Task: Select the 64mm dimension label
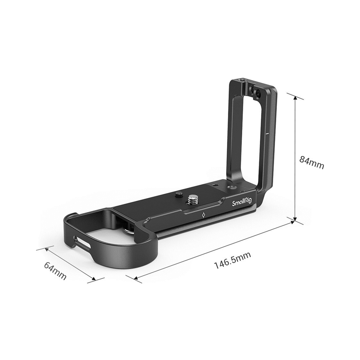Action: (x=55, y=270)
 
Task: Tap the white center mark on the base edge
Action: (x=204, y=216)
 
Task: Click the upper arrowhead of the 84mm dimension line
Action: (x=296, y=98)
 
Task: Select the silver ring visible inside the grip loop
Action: (x=128, y=227)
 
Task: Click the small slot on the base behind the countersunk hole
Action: (x=215, y=184)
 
